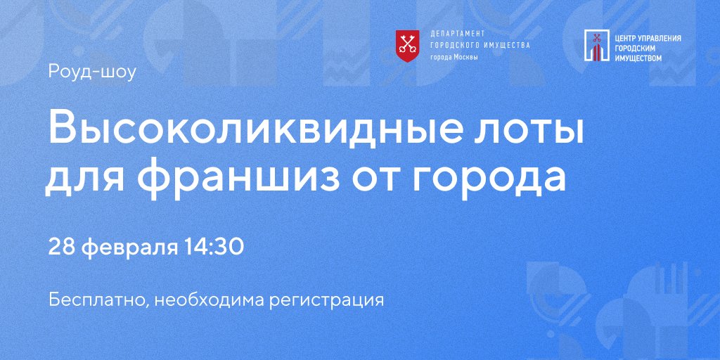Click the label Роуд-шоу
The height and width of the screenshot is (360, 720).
pyautogui.click(x=91, y=72)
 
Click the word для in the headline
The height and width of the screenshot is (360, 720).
pyautogui.click(x=87, y=177)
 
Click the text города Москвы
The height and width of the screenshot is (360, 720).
pyautogui.click(x=454, y=57)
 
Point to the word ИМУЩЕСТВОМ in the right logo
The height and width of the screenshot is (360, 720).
pyautogui.click(x=638, y=58)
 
